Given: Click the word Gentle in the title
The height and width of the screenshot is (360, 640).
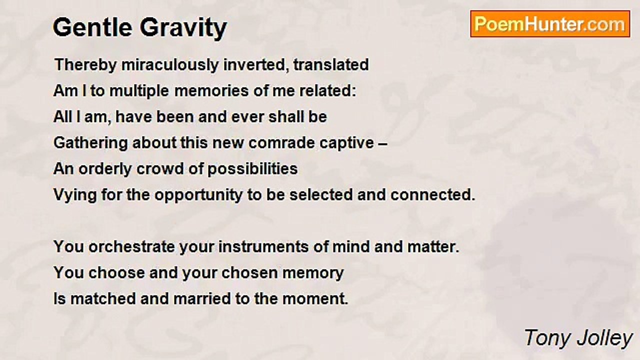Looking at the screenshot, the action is click(92, 27).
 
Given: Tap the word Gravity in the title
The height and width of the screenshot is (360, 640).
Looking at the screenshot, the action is click(183, 28).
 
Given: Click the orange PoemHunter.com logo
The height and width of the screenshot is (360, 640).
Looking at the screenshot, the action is click(550, 24).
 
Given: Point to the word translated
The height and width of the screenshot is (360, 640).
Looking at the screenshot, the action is click(331, 64).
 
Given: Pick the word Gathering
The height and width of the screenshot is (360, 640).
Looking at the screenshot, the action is click(91, 143).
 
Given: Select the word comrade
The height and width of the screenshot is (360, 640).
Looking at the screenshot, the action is click(281, 143).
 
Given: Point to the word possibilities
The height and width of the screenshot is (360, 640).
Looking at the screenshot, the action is click(252, 169).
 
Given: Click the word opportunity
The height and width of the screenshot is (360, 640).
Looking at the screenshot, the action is click(198, 195).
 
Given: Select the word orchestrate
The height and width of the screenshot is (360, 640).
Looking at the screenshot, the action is click(131, 247).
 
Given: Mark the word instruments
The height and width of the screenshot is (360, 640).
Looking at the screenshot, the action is click(263, 247).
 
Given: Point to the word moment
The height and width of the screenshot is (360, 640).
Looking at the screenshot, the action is click(315, 299).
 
